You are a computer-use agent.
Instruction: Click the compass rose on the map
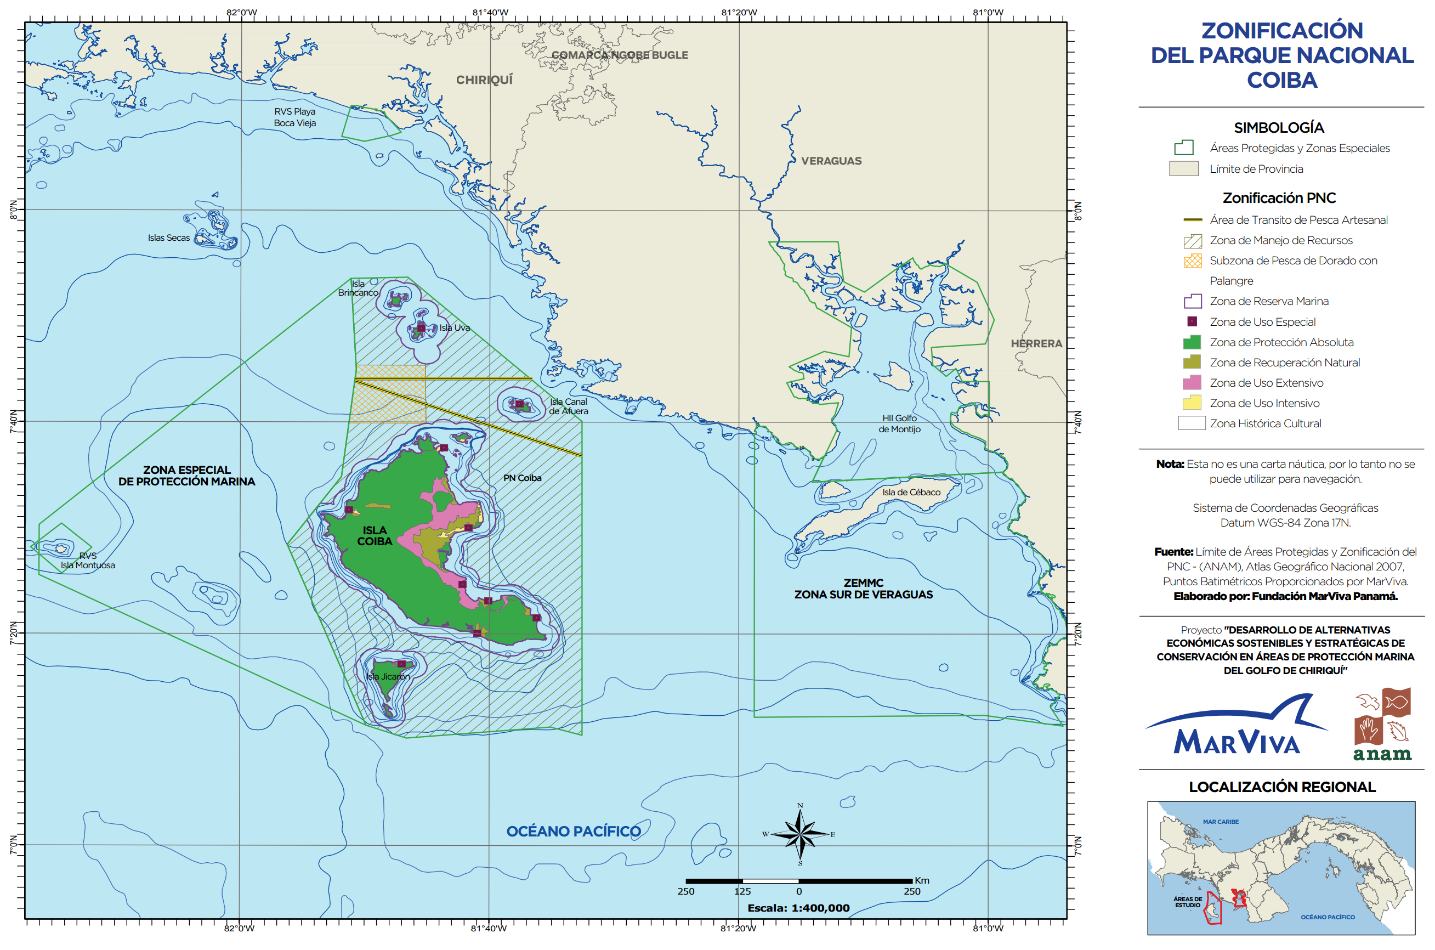pos(799,834)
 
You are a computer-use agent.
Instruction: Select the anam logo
pos(1382,725)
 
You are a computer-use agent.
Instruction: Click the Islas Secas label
pos(168,238)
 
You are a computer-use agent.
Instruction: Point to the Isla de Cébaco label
pos(911,492)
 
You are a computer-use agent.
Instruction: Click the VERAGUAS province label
pos(831,161)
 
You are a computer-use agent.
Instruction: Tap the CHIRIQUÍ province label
pos(484,80)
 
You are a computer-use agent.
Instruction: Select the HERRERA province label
pos(1036,343)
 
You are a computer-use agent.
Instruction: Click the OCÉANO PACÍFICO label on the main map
pos(573,832)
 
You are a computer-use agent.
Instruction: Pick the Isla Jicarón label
pos(388,676)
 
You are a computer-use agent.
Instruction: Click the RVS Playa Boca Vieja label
pos(295,117)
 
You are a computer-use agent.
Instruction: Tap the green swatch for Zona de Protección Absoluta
pos(1192,342)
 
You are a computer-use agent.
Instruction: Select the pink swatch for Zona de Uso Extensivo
pos(1192,383)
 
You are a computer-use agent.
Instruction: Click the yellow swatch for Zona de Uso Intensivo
pos(1192,403)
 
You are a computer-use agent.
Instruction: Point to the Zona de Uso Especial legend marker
pos(1192,322)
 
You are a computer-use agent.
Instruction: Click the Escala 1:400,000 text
pos(798,908)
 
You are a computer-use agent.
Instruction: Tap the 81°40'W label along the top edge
pos(490,12)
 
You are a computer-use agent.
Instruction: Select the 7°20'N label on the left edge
pos(13,633)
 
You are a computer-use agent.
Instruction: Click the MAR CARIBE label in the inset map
pos(1220,822)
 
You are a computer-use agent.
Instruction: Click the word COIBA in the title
pos(1282,80)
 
